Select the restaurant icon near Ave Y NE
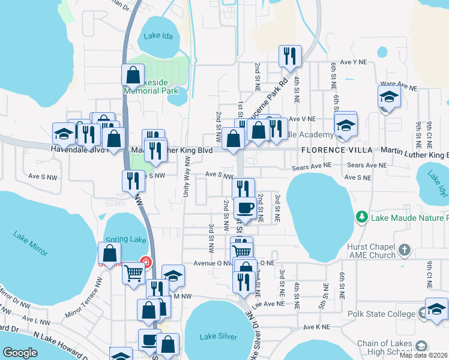click(291, 56)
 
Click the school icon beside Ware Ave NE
click(389, 97)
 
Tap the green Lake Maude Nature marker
click(361, 217)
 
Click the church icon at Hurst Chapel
click(405, 249)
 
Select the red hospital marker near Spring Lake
click(145, 262)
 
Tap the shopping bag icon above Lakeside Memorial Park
click(133, 76)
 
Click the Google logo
click(20, 353)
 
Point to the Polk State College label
click(382, 314)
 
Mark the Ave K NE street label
click(317, 327)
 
